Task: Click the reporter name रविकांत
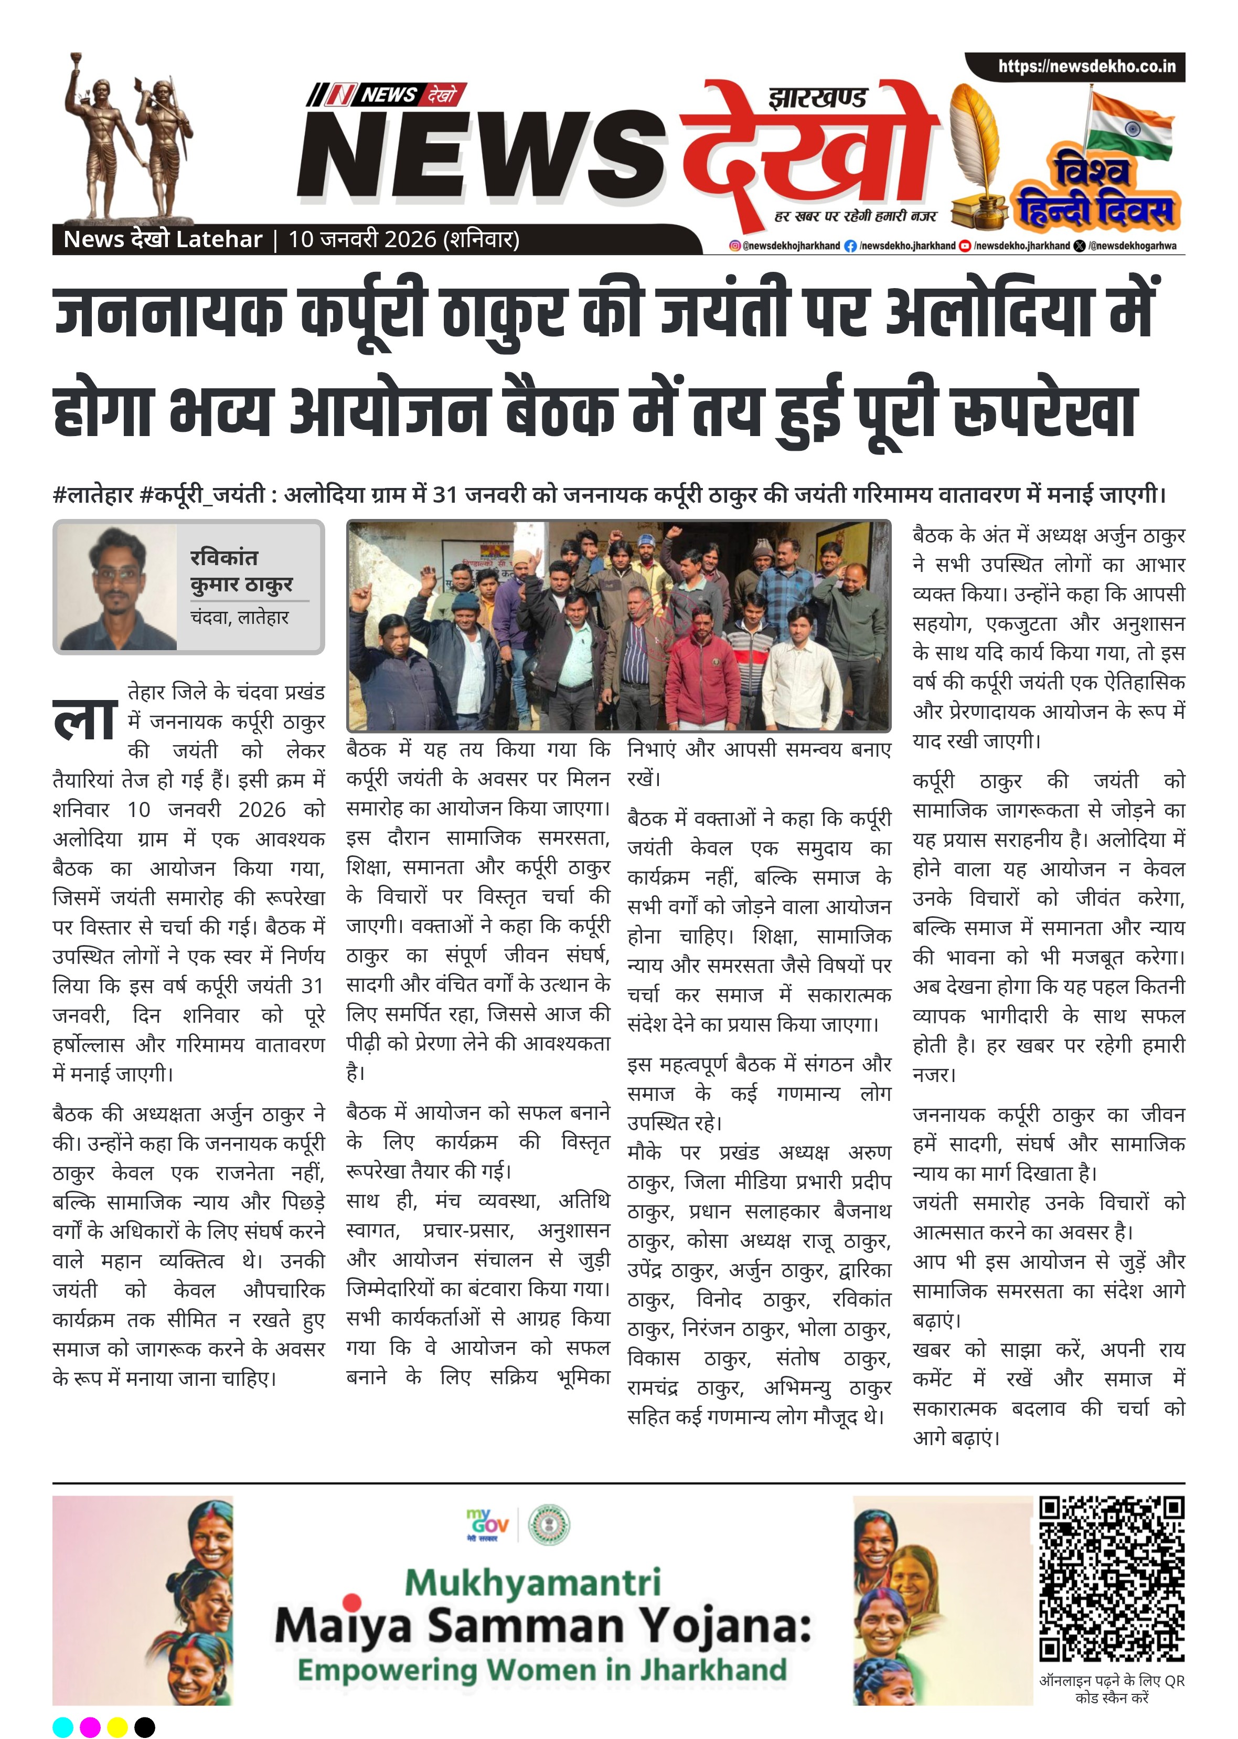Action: point(223,557)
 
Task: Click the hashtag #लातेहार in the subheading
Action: point(93,495)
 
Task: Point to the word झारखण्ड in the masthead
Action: point(818,98)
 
